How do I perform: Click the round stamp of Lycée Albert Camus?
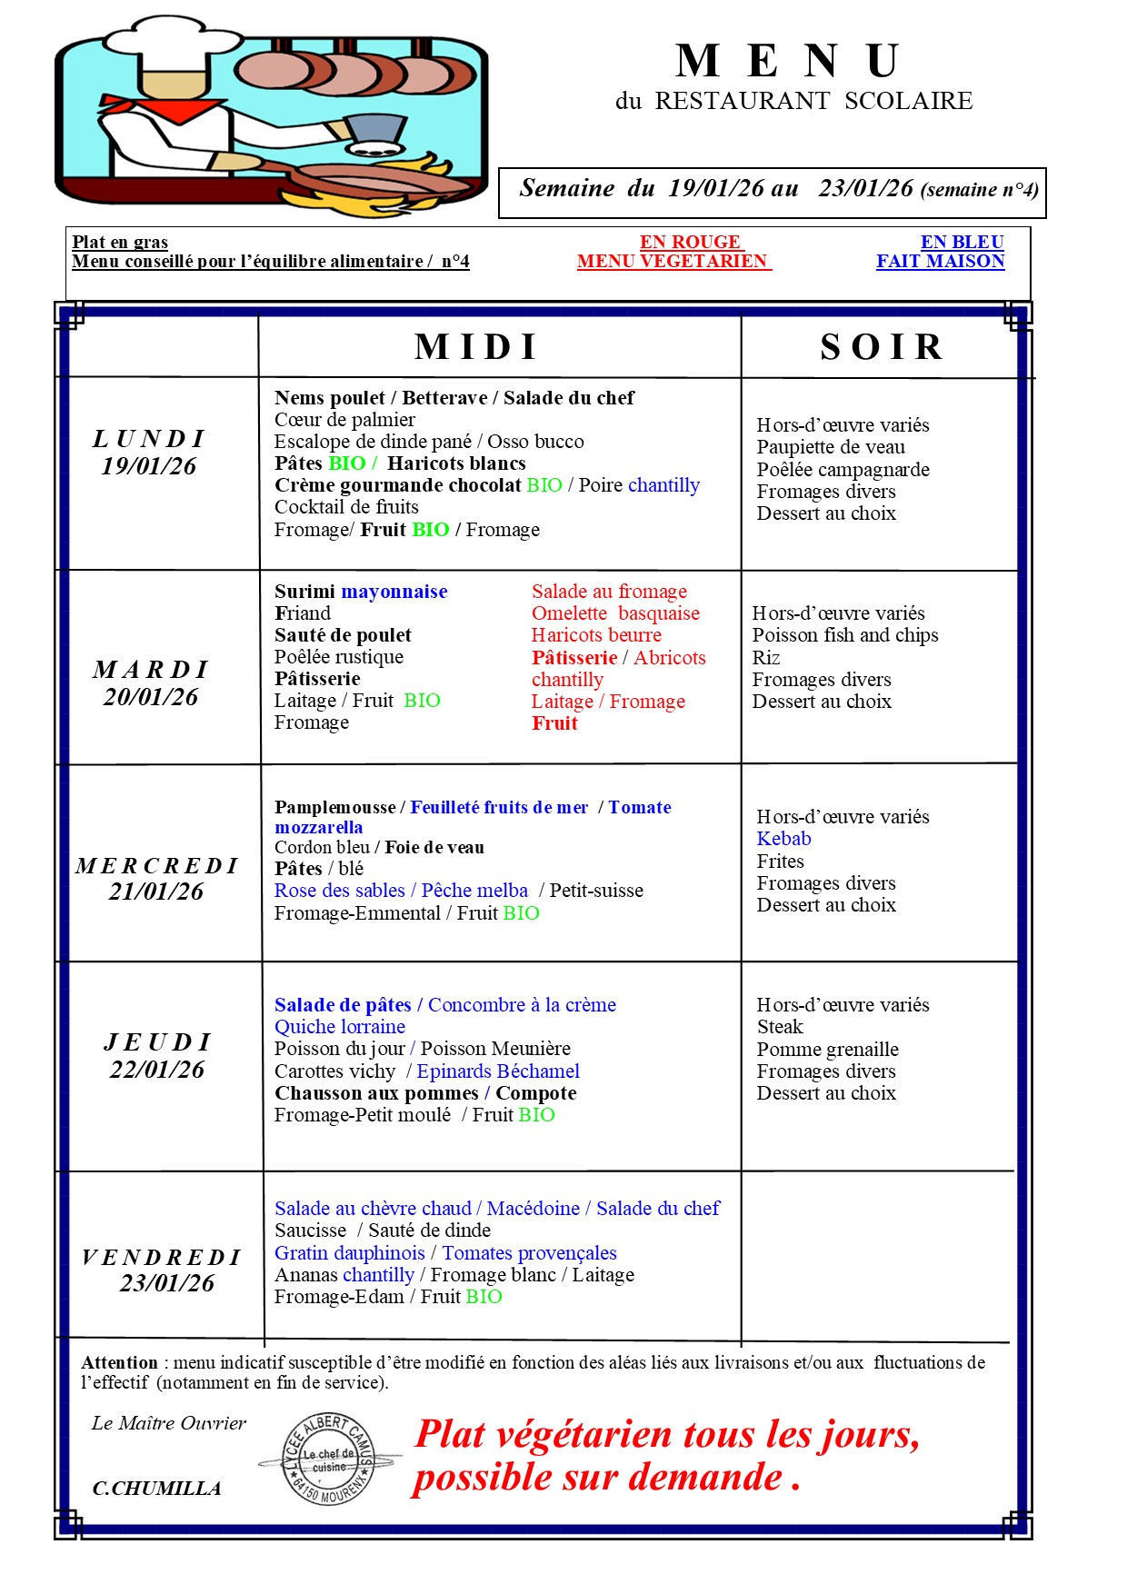(328, 1460)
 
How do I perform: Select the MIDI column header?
(476, 346)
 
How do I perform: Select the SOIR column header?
(881, 346)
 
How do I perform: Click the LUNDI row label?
(149, 439)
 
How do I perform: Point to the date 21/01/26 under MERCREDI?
(156, 892)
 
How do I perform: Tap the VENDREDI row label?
(161, 1257)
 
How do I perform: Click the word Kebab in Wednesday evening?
(783, 839)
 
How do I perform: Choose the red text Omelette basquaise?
(615, 613)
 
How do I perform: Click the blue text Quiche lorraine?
(340, 1027)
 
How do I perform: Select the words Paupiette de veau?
(831, 447)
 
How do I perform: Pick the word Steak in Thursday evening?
(780, 1027)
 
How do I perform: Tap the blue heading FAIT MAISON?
(940, 262)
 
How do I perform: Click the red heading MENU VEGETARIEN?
(673, 262)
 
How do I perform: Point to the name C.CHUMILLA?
(156, 1489)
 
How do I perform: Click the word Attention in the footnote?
(119, 1363)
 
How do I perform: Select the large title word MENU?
(789, 62)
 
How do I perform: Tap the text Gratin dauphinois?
(350, 1253)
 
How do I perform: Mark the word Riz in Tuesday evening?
(766, 658)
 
